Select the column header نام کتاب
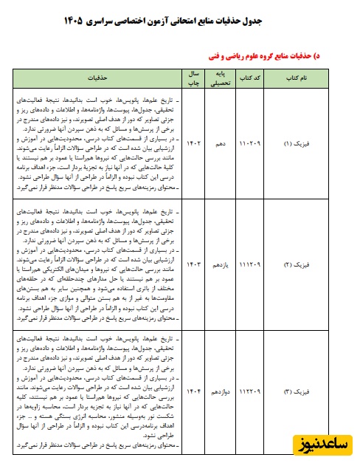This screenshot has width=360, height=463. [x=300, y=77]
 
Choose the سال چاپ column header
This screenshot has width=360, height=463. [x=193, y=77]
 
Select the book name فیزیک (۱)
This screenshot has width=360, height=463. [x=300, y=143]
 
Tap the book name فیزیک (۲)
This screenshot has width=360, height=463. [x=300, y=264]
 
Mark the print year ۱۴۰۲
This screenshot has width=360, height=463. [x=193, y=143]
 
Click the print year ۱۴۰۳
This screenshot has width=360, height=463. [x=193, y=264]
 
